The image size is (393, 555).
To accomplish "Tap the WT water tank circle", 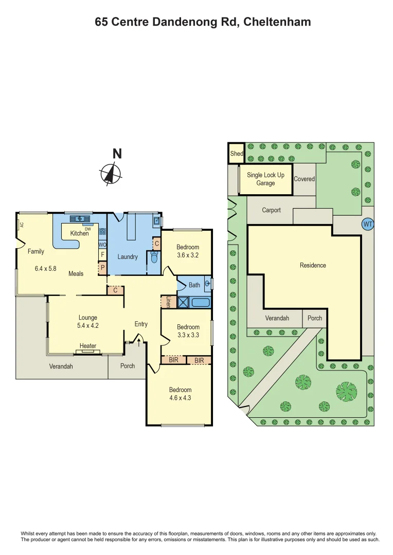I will click(367, 224).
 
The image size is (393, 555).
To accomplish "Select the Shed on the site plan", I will click(236, 154).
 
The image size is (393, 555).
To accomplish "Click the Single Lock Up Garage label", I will click(265, 179).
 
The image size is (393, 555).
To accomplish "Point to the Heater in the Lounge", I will click(88, 346).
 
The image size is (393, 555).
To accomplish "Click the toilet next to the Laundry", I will click(154, 258).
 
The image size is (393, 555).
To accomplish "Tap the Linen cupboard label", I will click(168, 302).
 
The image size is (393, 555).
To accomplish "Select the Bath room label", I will click(194, 285).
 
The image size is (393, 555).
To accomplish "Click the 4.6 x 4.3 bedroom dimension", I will click(180, 397).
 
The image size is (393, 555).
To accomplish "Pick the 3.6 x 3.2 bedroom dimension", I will click(188, 255).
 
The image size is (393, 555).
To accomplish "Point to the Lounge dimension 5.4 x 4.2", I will click(87, 326).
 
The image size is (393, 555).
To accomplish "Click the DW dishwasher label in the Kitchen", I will click(87, 229).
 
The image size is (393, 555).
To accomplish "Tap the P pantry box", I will click(102, 267).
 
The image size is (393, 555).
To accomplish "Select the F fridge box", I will click(102, 254).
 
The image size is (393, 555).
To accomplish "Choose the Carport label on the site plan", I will click(271, 210).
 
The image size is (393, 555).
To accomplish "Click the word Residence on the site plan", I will click(313, 265).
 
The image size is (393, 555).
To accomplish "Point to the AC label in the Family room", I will click(22, 225).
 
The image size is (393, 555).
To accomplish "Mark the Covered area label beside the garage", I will click(304, 179).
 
